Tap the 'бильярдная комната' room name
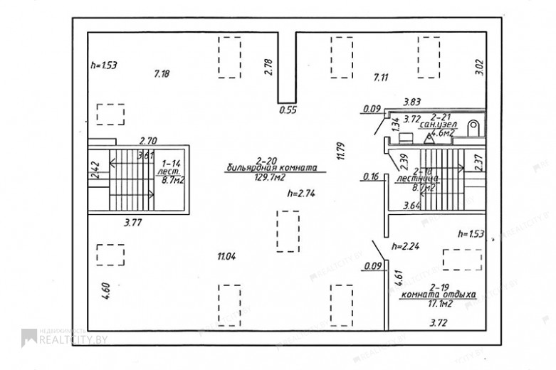tap(271, 168)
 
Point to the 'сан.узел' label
tap(437, 124)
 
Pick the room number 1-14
tap(172, 163)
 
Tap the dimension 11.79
tap(341, 153)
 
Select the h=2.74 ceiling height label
tap(301, 193)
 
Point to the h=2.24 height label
tap(406, 247)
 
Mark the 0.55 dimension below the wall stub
tap(287, 110)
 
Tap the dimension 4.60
tap(106, 291)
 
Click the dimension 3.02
tap(479, 68)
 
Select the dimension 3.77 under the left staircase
tap(133, 223)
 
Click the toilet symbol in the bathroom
tap(473, 127)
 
